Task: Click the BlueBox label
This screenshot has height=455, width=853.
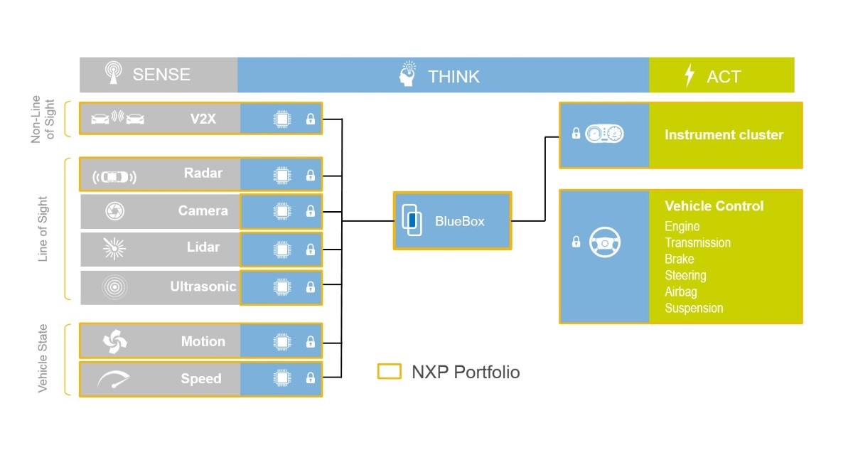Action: coord(460,221)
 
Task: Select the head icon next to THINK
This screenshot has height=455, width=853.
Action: coord(408,75)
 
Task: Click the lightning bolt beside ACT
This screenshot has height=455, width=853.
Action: coord(689,75)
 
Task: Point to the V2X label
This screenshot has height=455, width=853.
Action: coord(203,119)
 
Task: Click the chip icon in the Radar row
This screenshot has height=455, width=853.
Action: coord(282,175)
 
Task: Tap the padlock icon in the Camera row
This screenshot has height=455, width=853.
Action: coord(310,211)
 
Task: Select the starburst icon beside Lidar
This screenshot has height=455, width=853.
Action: coord(114,248)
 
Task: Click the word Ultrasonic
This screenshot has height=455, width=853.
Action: coord(203,287)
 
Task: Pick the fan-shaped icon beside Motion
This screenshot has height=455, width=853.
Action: coord(114,342)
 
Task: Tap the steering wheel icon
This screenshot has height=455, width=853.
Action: coord(605,243)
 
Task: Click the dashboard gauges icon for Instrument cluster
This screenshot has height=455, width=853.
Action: coord(604,134)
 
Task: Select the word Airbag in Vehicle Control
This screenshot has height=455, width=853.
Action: coord(680,291)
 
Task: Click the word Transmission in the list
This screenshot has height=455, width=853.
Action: coord(697,242)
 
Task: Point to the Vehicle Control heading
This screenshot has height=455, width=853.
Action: coord(714,206)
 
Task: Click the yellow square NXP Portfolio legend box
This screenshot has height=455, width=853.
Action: coord(389,372)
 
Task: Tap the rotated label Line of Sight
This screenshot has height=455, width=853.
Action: coord(43,229)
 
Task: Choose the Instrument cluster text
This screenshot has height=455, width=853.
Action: coord(724,134)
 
